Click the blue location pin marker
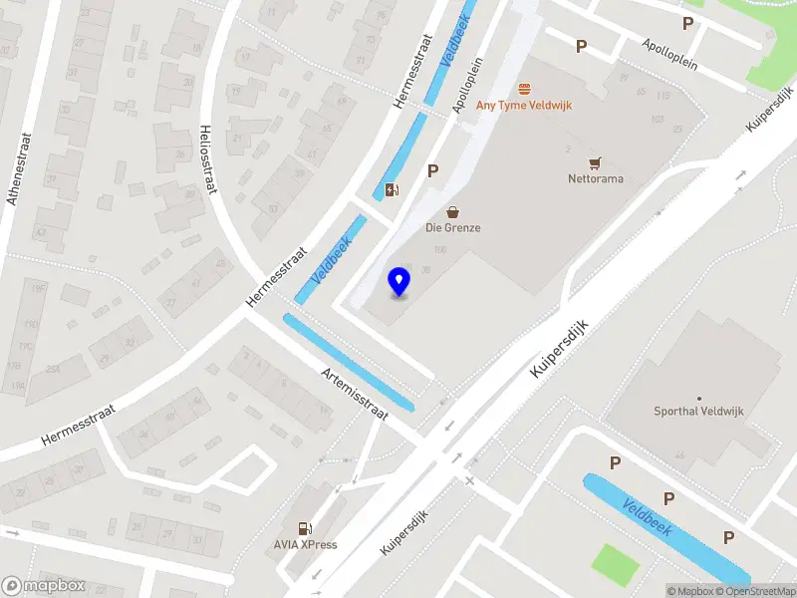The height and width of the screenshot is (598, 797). tap(399, 282)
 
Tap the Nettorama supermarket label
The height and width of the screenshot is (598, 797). tap(595, 180)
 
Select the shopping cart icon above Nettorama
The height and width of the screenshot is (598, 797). tap(596, 163)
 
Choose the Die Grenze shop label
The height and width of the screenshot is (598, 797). tap(453, 227)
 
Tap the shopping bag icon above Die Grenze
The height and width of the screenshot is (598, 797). tap(453, 211)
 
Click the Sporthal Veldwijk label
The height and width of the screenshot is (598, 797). tap(698, 411)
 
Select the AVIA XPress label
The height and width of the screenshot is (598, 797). tap(306, 544)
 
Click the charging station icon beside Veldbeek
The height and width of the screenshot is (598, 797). tap(393, 189)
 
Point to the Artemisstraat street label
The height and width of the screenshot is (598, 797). tap(354, 393)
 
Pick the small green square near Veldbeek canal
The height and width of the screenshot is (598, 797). tap(615, 564)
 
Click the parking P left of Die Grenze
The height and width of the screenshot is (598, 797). tap(432, 171)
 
